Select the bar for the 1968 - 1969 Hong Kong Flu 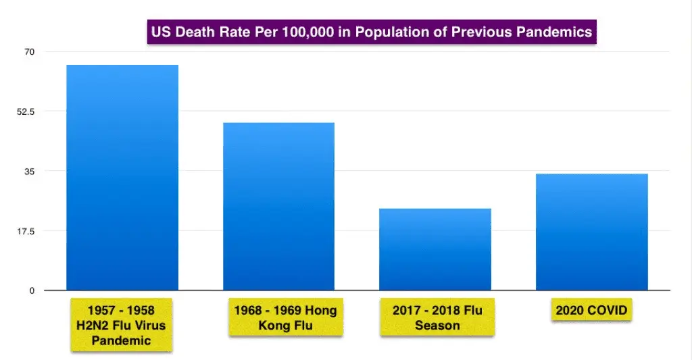click(278, 207)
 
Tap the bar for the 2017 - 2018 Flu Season click(435, 249)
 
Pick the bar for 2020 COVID click(592, 232)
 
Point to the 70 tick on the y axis click(30, 51)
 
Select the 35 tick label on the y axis click(30, 171)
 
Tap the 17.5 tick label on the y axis click(26, 231)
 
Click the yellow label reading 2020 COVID click(591, 311)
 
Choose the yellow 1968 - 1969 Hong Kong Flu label click(285, 317)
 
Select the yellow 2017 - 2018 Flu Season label click(437, 317)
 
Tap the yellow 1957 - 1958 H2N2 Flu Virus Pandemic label click(121, 325)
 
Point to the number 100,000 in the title click(304, 32)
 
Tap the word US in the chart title click(162, 32)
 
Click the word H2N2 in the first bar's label click(93, 325)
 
